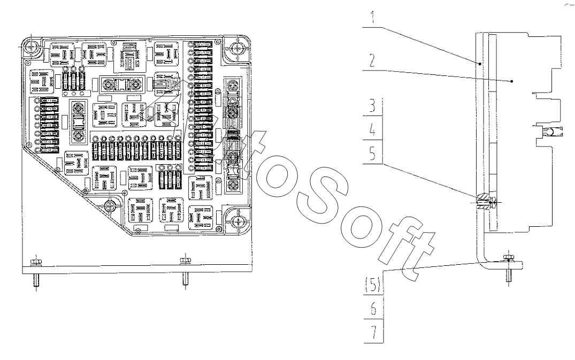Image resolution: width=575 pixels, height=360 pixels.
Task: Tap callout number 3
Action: pos(374,105)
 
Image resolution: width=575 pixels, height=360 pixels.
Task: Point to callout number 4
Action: pos(374,129)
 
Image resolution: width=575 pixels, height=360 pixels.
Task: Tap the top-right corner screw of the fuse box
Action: pos(237,49)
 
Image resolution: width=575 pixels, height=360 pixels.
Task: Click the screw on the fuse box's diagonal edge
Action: pos(110,206)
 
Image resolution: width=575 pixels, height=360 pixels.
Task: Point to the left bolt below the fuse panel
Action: pos(35,262)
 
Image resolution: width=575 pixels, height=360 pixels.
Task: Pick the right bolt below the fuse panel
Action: pos(185,262)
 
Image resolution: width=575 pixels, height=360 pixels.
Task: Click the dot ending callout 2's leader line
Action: pos(512,81)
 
